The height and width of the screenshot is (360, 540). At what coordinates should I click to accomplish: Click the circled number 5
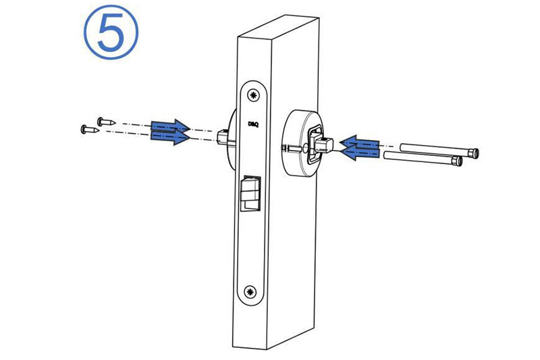point(111,32)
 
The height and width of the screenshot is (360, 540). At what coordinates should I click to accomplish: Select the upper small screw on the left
point(106,122)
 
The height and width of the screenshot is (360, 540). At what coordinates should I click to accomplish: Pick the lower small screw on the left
point(90,130)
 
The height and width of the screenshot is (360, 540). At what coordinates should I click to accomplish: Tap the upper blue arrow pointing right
point(170,126)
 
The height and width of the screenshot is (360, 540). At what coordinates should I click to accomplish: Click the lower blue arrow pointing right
point(170,137)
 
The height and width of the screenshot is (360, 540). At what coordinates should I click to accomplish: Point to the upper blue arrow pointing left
point(359,142)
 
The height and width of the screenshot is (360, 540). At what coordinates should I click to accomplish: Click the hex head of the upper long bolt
point(474,153)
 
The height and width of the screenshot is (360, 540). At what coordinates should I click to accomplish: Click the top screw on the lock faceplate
point(254,95)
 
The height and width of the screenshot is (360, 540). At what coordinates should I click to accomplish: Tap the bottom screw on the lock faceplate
point(250,292)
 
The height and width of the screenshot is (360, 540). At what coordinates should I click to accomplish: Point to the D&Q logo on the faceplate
point(253,124)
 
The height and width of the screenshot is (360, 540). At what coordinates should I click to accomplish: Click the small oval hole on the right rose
point(305,149)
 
